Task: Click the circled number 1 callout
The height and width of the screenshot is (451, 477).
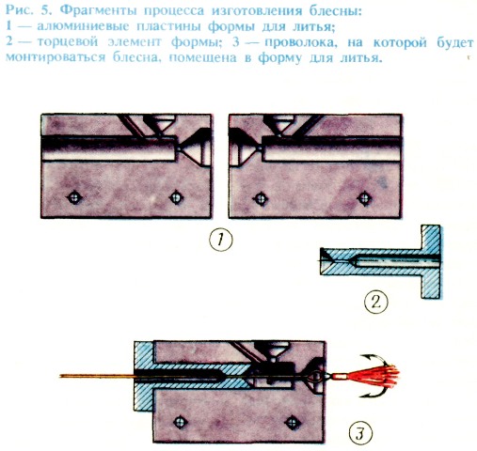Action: point(221,240)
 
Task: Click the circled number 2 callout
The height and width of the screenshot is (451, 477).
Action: point(376,303)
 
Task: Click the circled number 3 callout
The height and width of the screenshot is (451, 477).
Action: point(360,433)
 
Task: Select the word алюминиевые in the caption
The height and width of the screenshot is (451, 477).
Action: point(83,26)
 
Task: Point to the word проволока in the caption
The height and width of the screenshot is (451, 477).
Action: point(301,41)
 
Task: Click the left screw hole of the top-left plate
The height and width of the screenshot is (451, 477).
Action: point(74,197)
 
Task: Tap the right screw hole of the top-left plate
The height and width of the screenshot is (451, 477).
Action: point(176,197)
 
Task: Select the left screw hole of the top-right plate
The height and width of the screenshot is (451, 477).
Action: point(261,198)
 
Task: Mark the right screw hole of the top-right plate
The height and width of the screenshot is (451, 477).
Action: point(364,198)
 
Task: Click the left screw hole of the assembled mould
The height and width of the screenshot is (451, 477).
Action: point(180,422)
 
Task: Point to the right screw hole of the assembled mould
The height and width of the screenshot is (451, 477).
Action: point(292,423)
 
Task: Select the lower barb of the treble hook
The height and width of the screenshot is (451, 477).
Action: point(374,392)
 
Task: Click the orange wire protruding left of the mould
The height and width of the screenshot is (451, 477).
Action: point(97,376)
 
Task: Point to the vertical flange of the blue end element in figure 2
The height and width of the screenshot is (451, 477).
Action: point(431,261)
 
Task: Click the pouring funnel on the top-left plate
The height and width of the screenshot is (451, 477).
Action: point(159,124)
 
